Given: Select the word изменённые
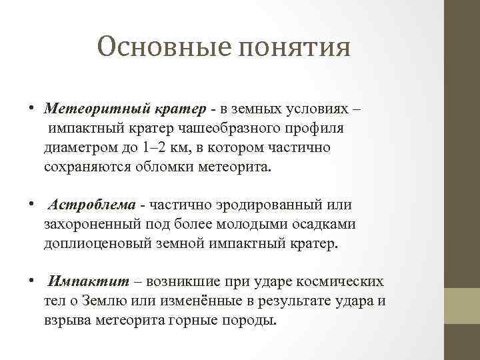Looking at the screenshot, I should point(191,301).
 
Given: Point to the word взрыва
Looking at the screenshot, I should point(66,320).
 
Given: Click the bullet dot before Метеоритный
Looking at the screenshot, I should point(31,108).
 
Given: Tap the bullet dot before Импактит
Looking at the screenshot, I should point(31,281).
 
